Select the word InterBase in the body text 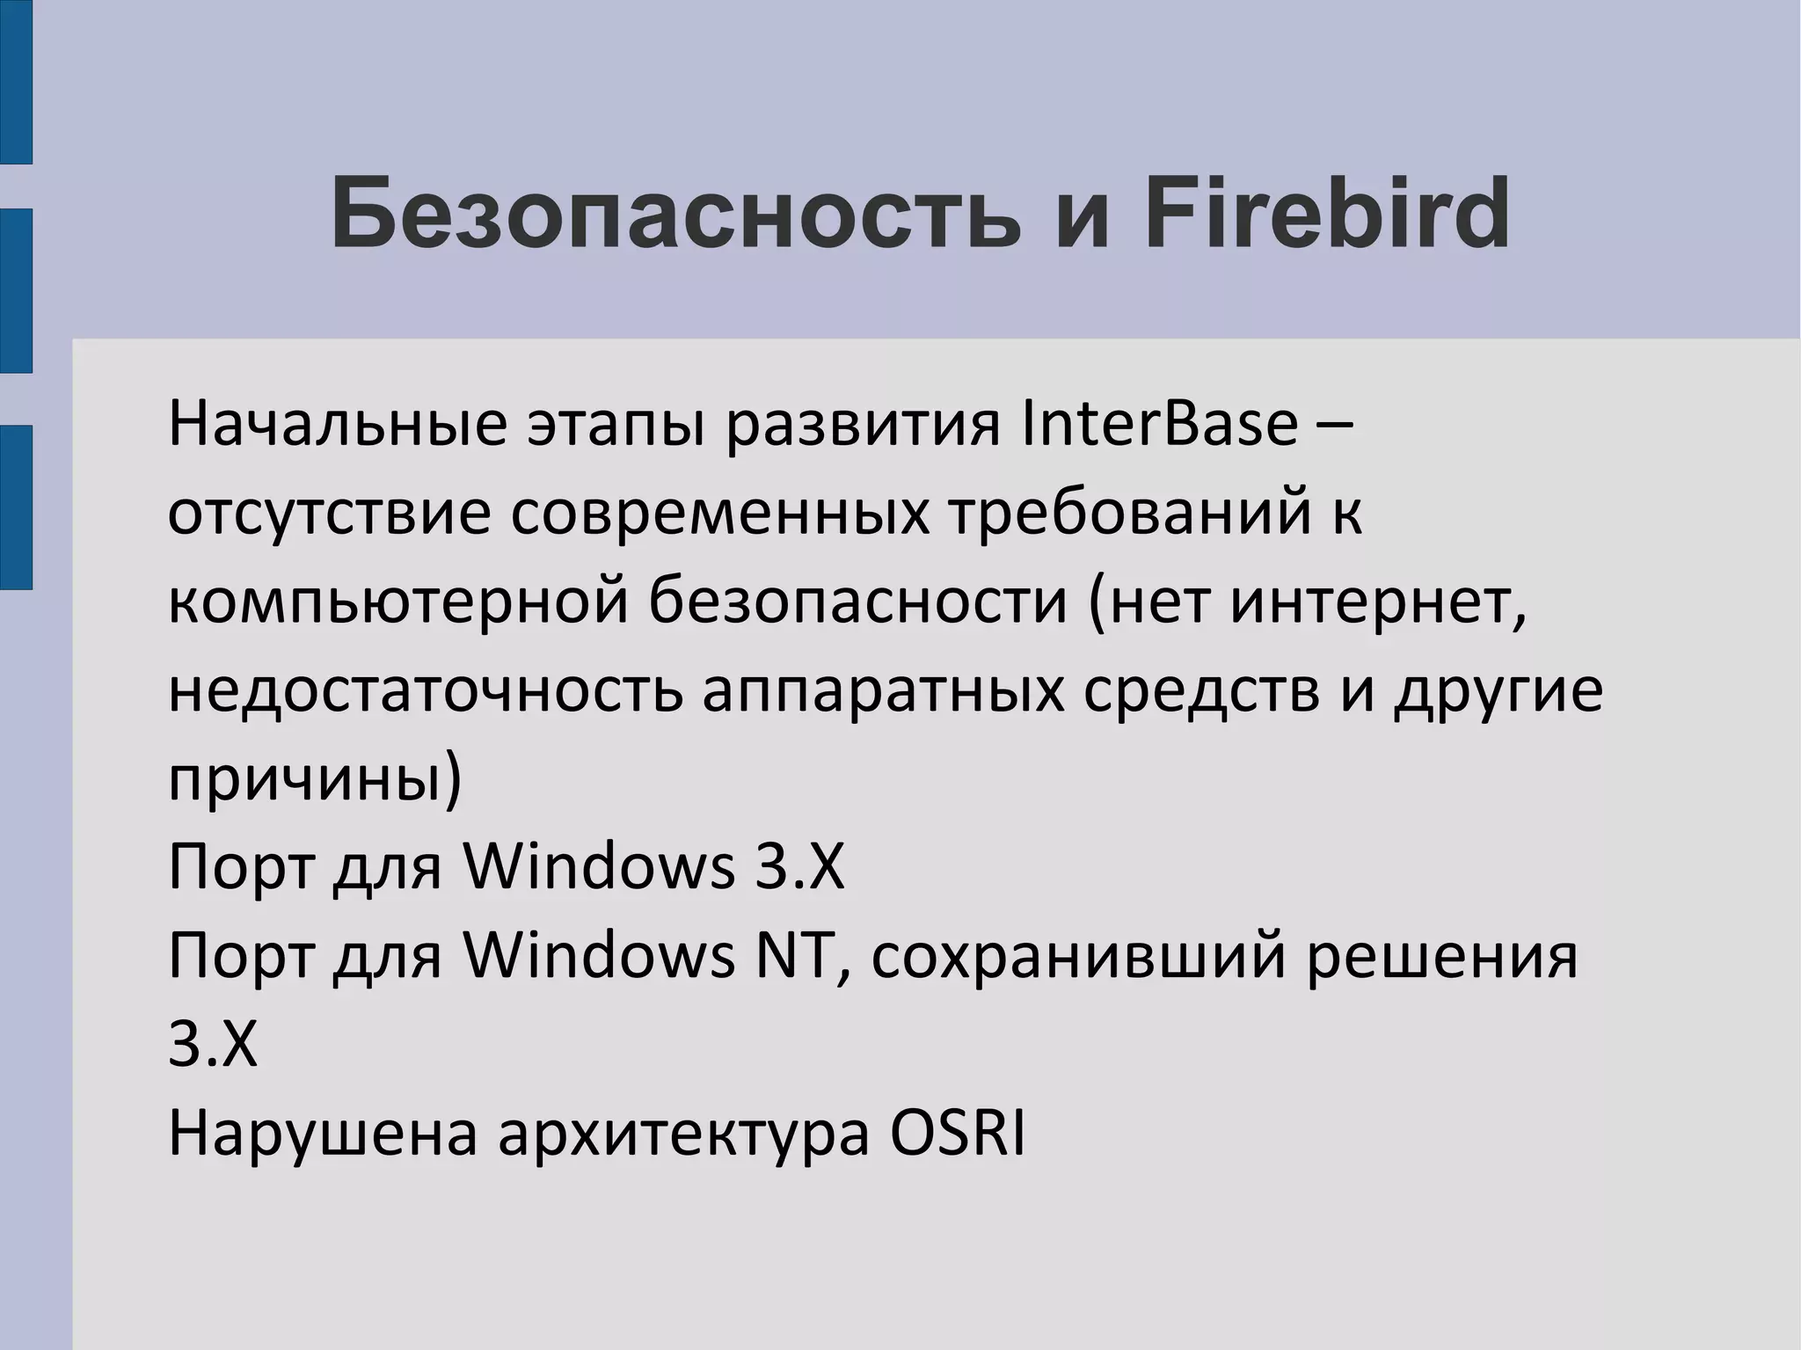(1160, 424)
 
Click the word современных (719, 514)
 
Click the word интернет (1377, 602)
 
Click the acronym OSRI (958, 1135)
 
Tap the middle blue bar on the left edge (16, 290)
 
